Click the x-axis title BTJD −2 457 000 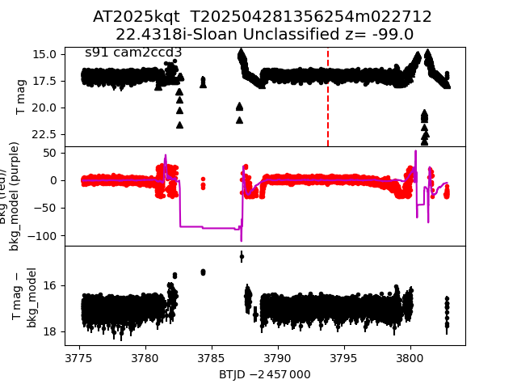pyautogui.click(x=264, y=374)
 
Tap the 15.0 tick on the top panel pyautogui.click(x=44, y=54)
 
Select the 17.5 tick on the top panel pyautogui.click(x=44, y=81)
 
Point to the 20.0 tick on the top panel pyautogui.click(x=44, y=108)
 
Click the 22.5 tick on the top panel pyautogui.click(x=44, y=133)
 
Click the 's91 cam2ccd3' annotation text pyautogui.click(x=133, y=53)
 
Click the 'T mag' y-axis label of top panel pyautogui.click(x=21, y=97)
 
